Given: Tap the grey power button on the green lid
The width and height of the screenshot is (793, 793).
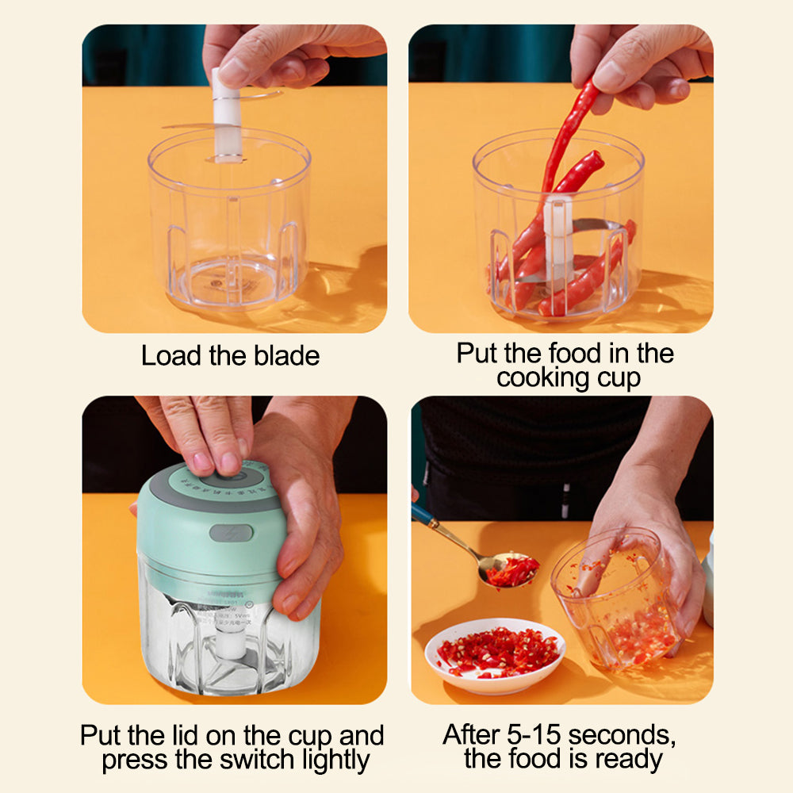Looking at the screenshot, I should point(231,533).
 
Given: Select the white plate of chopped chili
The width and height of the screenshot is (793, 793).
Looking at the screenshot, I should point(495,654).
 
